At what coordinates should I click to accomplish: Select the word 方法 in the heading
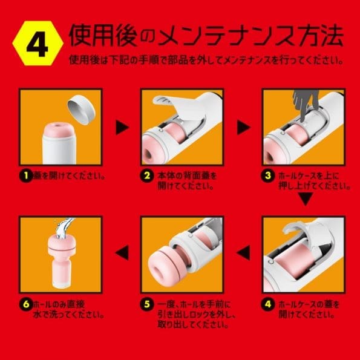pyautogui.click(x=324, y=38)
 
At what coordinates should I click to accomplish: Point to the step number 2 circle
pyautogui.click(x=146, y=176)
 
